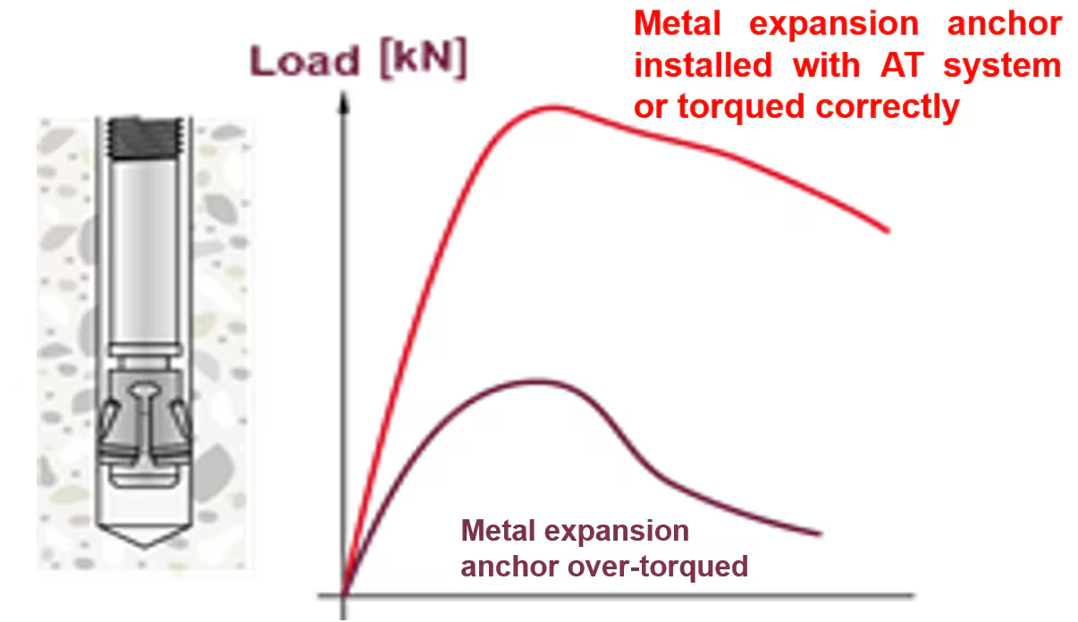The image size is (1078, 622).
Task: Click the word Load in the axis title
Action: (x=305, y=61)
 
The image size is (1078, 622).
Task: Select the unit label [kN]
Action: (x=424, y=58)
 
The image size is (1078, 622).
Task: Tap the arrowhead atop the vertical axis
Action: (x=343, y=103)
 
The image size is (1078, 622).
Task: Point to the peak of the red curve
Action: (x=553, y=107)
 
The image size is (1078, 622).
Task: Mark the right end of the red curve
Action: (x=888, y=231)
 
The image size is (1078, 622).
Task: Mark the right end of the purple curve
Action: (x=820, y=534)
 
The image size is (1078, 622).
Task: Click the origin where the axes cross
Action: (x=343, y=595)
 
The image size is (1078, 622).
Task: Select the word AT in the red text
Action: (x=902, y=65)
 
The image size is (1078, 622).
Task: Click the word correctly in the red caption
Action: (x=888, y=107)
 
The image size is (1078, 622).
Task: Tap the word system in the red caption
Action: (x=1002, y=66)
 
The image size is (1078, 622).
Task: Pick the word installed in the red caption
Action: (x=703, y=65)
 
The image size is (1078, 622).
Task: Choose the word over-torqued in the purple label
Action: (x=658, y=567)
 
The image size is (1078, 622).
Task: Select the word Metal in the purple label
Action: (x=498, y=531)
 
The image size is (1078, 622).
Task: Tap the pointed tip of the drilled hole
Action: (x=145, y=546)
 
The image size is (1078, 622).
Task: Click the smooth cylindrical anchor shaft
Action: (x=145, y=250)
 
